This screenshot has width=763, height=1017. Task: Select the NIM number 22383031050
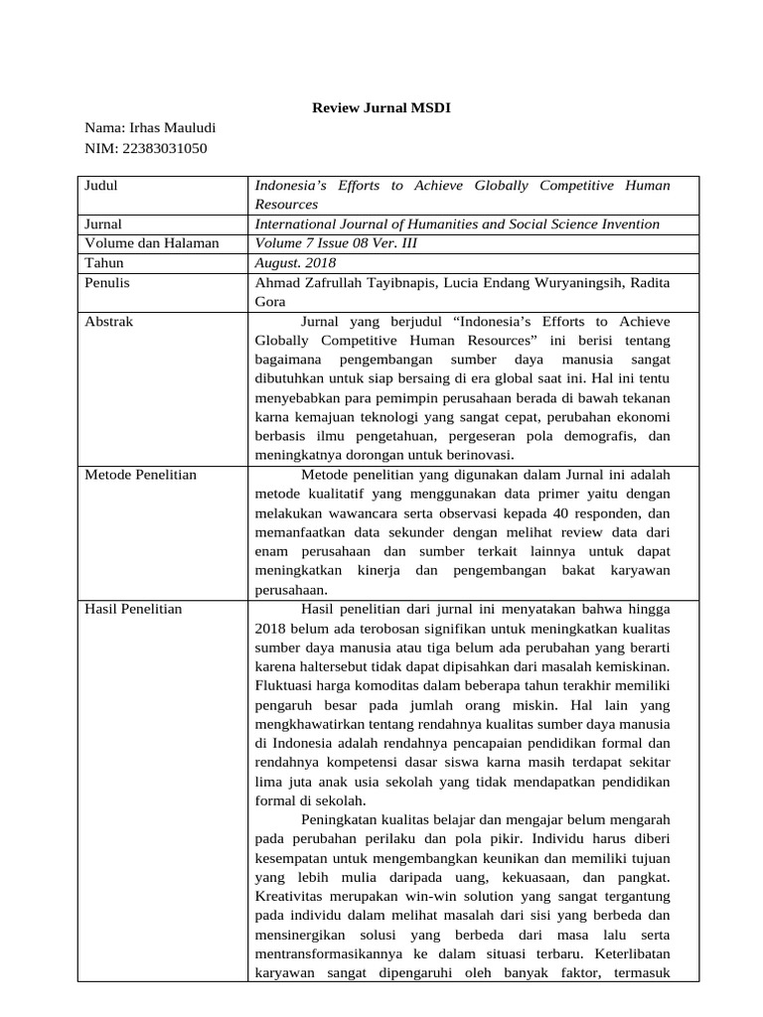166,148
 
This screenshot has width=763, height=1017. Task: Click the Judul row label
102,186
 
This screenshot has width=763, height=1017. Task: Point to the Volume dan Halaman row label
152,243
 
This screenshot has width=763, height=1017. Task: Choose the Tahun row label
104,263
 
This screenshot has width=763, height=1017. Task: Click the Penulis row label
107,283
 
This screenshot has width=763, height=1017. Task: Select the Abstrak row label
109,322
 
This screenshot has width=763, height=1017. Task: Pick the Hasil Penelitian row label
134,609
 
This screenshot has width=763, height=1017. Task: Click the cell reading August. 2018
296,263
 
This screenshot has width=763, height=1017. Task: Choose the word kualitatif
330,494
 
